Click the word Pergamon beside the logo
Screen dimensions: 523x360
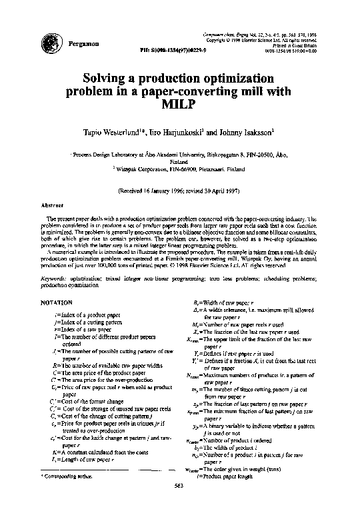pos(84,43)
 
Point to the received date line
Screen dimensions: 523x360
pos(179,191)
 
